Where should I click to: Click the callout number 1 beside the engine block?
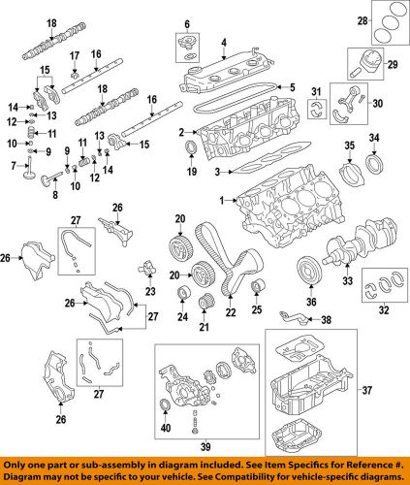point(222,200)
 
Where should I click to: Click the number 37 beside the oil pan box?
point(393,391)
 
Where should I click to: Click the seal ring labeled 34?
point(373,160)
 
